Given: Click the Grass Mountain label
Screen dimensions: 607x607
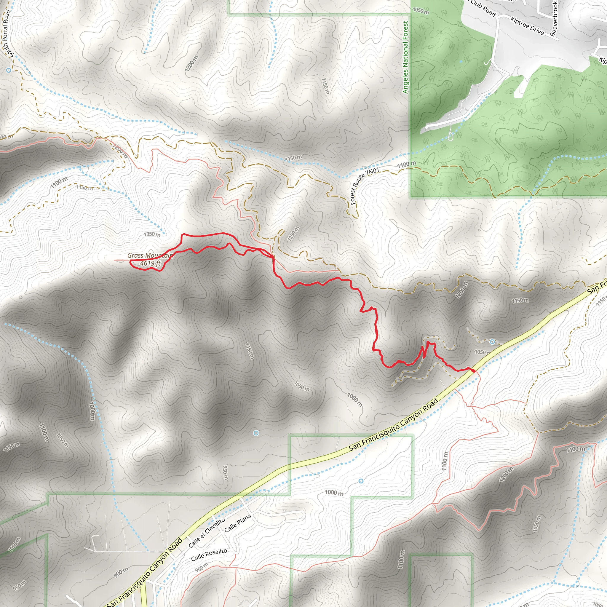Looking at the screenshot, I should click(150, 255).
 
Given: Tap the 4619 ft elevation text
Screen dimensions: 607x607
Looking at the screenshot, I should click(150, 263).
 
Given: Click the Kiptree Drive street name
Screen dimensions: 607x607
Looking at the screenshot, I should click(527, 26).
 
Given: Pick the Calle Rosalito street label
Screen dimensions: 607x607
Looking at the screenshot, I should click(209, 555).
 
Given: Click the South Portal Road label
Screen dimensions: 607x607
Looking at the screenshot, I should click(7, 33).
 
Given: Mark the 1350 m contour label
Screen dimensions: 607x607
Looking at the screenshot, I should click(152, 234).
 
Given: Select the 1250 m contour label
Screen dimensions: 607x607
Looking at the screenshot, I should click(293, 234).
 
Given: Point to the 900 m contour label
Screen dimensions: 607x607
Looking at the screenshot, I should click(121, 572).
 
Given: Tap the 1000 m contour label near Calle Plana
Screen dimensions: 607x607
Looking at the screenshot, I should click(334, 493).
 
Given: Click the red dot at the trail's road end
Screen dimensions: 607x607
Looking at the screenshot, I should click(473, 371).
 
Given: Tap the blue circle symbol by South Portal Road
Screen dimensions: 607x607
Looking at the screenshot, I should click(9, 70).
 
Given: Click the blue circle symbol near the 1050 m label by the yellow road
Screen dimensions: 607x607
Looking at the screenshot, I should click(492, 341).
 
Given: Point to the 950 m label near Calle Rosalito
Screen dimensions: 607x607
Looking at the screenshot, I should click(201, 567).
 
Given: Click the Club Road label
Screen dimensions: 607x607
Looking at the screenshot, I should click(483, 9).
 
